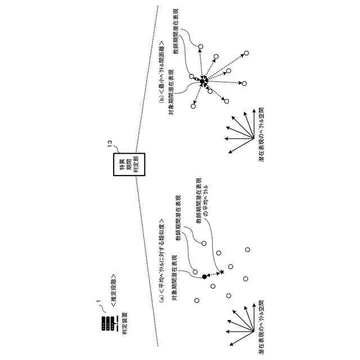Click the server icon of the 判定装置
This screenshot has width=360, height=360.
point(105,324)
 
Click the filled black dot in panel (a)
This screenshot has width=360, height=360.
point(204,277)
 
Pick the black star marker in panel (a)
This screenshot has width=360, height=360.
point(222,272)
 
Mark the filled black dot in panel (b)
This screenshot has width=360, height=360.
point(201,82)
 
